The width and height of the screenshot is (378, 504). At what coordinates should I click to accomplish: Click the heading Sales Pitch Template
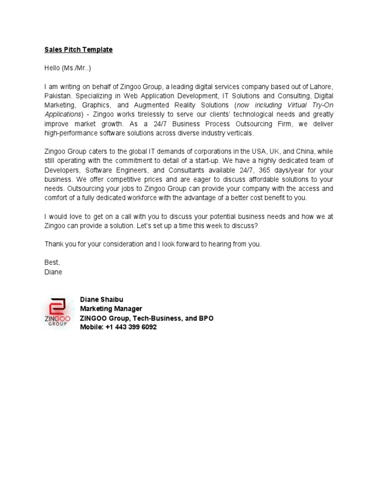78,50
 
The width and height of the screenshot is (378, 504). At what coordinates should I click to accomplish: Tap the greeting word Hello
52,68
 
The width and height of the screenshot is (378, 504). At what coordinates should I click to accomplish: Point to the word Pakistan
57,95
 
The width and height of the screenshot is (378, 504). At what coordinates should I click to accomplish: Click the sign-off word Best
52,262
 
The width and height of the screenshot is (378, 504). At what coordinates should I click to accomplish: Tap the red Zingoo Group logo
58,313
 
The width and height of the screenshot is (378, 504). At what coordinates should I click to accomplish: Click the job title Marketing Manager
111,309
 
